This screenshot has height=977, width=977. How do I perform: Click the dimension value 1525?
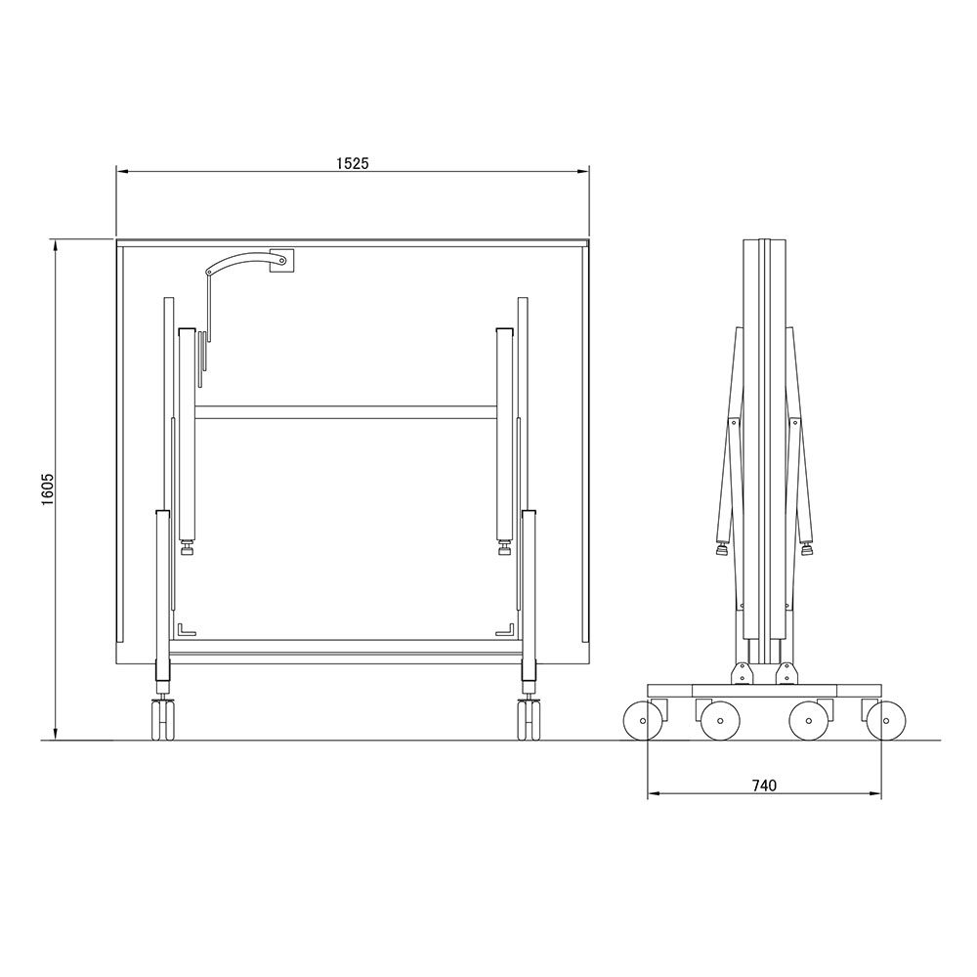pos(353,163)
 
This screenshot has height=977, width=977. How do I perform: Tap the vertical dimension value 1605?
pos(49,489)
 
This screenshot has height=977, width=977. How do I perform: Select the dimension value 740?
pos(765,786)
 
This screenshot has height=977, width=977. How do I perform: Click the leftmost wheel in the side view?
pos(643,721)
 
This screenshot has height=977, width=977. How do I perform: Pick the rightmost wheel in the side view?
pos(886,721)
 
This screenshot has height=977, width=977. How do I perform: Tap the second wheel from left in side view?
pos(720,721)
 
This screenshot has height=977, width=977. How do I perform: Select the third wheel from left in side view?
pos(809,721)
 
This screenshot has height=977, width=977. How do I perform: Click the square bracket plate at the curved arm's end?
pos(281,261)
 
